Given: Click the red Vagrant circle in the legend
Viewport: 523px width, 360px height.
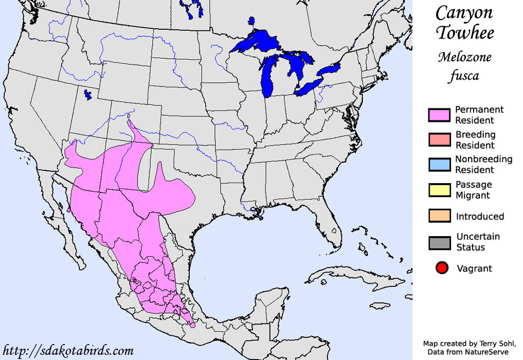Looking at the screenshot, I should [x=441, y=268].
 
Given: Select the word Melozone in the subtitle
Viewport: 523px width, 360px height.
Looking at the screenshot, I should [x=464, y=57].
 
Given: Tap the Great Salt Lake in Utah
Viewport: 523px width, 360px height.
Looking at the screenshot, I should [x=87, y=95].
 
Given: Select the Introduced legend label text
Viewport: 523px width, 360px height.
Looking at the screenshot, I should [x=480, y=217].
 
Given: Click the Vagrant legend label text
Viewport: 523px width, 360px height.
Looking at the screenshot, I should [x=474, y=268].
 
